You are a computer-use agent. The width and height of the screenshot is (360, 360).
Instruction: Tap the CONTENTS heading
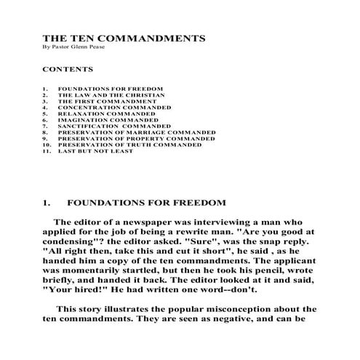click(68, 70)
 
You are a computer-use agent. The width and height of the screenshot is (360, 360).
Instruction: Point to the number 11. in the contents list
click(46, 152)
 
